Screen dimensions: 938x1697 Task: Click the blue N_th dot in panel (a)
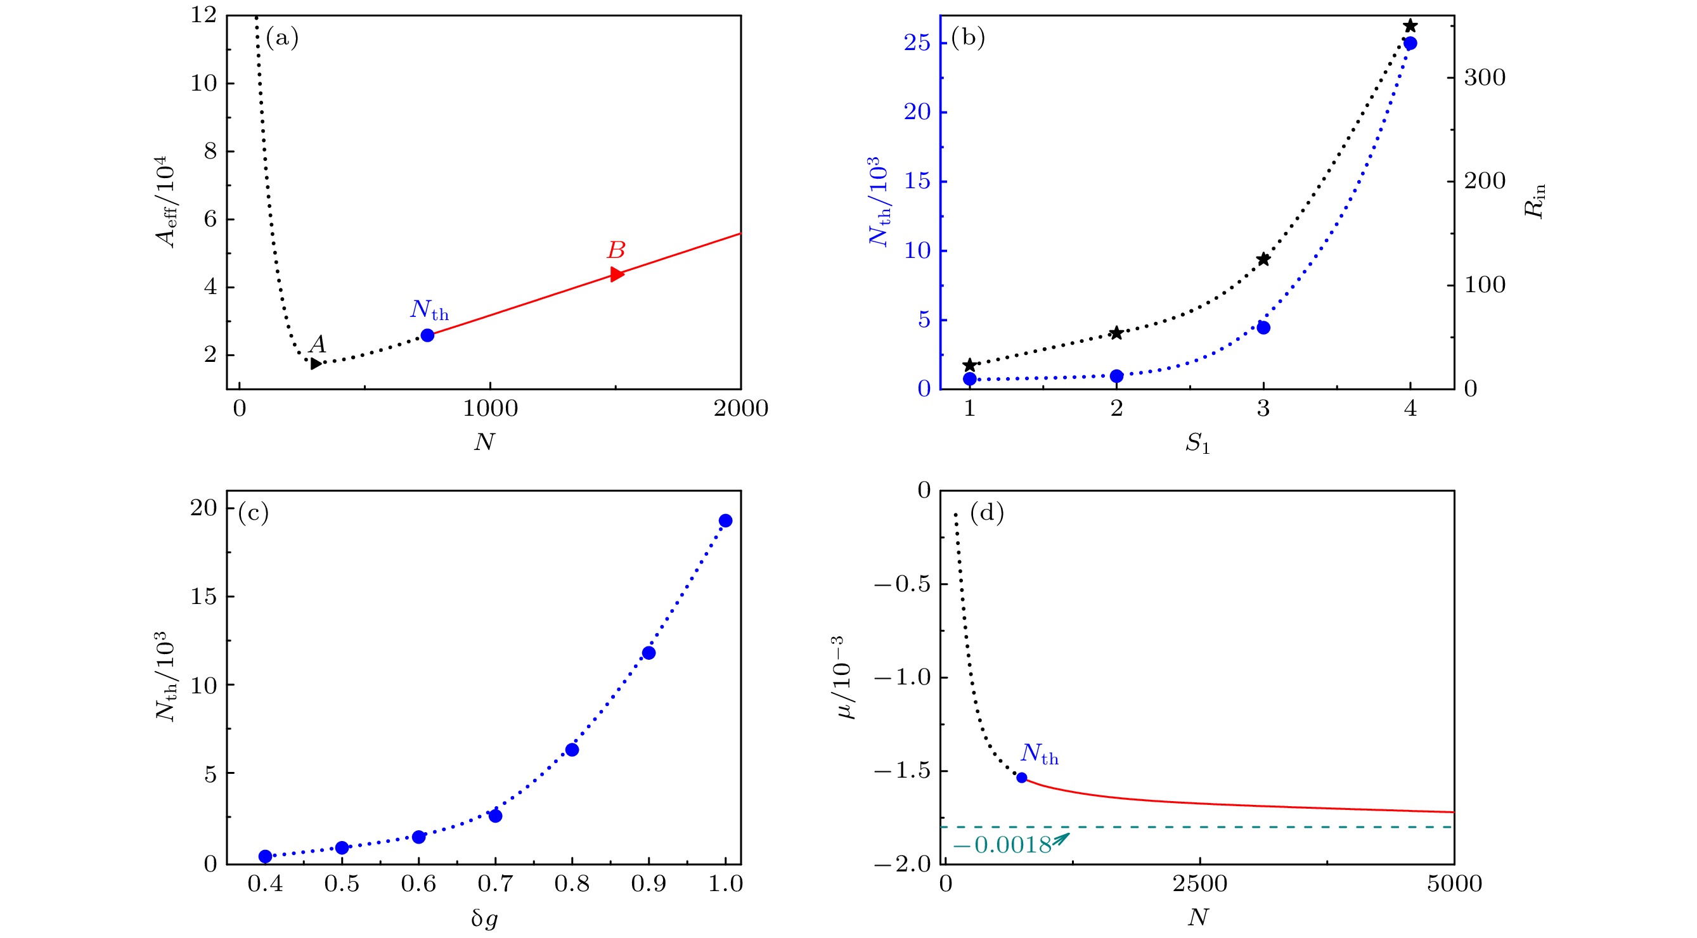tap(427, 335)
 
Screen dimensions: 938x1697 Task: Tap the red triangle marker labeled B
tap(617, 274)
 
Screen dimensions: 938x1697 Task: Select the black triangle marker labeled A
tap(316, 363)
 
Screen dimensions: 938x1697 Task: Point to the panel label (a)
tap(282, 38)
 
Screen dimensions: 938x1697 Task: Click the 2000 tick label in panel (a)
tap(740, 409)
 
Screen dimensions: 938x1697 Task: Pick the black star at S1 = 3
tap(1263, 259)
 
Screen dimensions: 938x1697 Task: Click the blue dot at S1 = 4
tap(1410, 44)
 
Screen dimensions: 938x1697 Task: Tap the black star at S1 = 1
tap(970, 366)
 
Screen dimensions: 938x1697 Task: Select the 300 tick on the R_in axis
tap(1485, 78)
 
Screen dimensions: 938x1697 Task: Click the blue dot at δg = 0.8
tap(572, 750)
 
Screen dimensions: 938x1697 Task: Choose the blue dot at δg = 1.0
tap(725, 521)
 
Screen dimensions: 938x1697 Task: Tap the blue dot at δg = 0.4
tap(266, 856)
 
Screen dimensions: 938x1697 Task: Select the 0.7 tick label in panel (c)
tap(494, 884)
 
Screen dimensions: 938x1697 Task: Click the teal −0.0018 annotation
tap(1002, 845)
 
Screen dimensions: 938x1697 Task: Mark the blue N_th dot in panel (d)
tap(1022, 778)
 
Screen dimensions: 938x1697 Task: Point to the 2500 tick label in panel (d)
tap(1199, 884)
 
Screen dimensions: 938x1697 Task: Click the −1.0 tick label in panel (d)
tap(903, 678)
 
